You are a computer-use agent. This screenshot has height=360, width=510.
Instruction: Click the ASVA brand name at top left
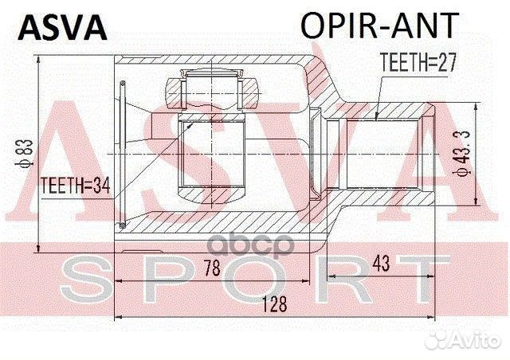(62, 27)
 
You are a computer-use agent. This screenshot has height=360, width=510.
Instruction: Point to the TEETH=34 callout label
(74, 184)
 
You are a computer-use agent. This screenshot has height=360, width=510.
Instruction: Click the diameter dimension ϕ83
(26, 148)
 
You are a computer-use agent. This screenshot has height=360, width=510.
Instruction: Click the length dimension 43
(380, 264)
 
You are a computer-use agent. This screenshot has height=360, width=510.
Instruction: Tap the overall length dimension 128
(271, 304)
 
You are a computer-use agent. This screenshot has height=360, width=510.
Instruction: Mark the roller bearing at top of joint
(210, 88)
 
